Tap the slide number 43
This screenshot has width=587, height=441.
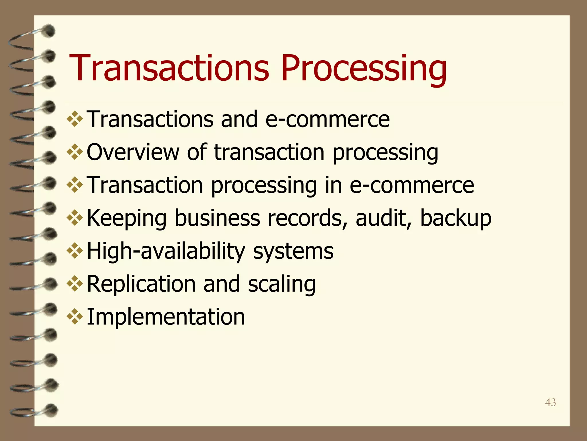(x=550, y=403)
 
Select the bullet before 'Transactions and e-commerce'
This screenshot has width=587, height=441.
(x=75, y=119)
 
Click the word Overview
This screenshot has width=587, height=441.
(x=133, y=152)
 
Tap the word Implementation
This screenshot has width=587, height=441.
(x=166, y=317)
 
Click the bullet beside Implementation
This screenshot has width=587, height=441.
(x=75, y=316)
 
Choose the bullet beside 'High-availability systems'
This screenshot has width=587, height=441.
(x=75, y=251)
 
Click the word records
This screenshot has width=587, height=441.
(x=305, y=218)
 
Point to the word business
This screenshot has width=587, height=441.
(x=217, y=218)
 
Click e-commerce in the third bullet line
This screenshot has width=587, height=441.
(x=412, y=185)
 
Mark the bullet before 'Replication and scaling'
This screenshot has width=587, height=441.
(x=75, y=284)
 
